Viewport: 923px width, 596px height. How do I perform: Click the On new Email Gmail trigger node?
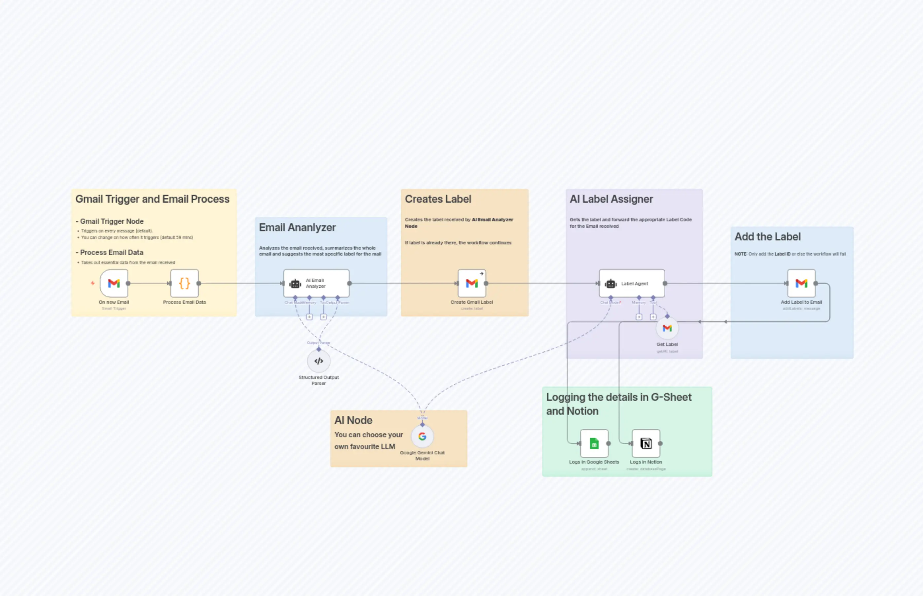click(114, 283)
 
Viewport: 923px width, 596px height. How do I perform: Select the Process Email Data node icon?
click(185, 283)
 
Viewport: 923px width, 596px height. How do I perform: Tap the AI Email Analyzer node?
click(316, 283)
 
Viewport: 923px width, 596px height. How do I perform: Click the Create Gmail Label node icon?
click(471, 283)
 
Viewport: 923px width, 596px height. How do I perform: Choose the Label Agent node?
click(632, 283)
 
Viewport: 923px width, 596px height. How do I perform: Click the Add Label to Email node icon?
click(801, 283)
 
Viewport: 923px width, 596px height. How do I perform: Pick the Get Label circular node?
click(667, 329)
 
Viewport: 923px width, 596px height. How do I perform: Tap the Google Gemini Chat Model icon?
click(423, 437)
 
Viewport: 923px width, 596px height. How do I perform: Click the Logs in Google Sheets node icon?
click(594, 443)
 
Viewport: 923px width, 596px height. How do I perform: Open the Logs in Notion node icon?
click(646, 443)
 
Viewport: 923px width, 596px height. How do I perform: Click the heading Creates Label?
click(438, 199)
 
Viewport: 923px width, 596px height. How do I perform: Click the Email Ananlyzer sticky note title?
click(297, 228)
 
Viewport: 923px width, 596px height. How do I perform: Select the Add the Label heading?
click(767, 237)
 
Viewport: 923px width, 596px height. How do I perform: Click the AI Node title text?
click(353, 420)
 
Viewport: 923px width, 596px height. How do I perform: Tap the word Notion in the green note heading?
click(583, 411)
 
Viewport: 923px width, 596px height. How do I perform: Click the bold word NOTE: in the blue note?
click(740, 254)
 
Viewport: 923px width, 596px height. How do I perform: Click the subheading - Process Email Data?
click(110, 252)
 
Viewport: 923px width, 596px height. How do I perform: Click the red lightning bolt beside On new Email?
click(92, 283)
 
